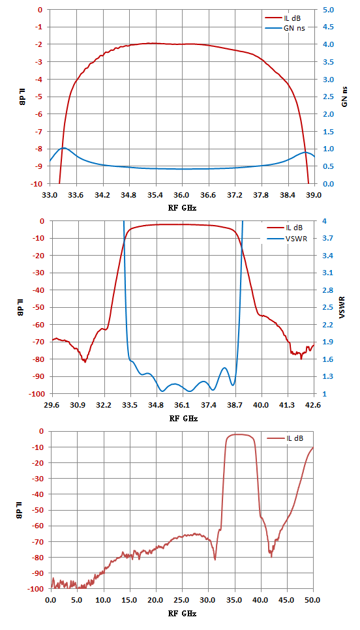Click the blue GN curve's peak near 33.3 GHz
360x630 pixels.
coord(63,148)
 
